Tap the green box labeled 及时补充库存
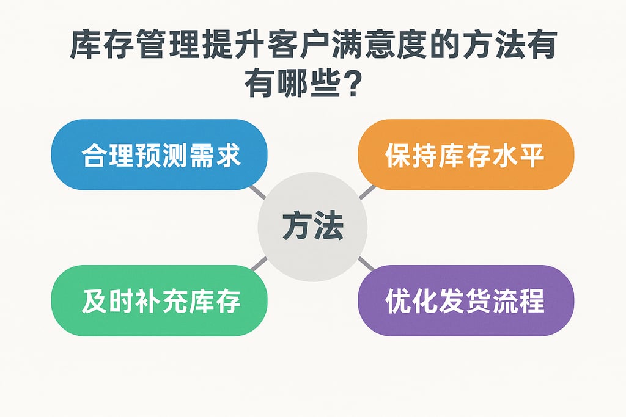[160, 300]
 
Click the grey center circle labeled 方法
[312, 227]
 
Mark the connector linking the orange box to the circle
[366, 192]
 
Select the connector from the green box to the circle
[259, 263]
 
